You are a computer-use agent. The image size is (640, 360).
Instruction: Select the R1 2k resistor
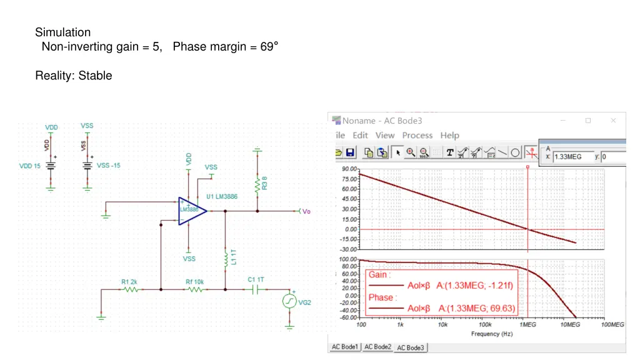click(131, 289)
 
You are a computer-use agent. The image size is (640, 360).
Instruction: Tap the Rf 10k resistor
click(195, 289)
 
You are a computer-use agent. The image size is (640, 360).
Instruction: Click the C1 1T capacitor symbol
click(256, 289)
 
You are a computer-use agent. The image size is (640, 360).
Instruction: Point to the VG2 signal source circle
click(289, 301)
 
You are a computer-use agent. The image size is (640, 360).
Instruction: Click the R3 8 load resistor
click(256, 184)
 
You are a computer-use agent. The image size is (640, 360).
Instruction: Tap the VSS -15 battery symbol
click(87, 166)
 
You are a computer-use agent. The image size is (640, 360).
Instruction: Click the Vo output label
click(306, 211)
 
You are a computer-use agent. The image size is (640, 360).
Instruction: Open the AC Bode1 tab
click(345, 347)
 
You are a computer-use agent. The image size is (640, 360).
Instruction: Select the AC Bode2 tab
click(377, 347)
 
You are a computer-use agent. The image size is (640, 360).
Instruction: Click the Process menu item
click(417, 135)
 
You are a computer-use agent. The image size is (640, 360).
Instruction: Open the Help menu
click(449, 135)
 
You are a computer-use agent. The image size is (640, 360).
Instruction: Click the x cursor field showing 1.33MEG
click(571, 157)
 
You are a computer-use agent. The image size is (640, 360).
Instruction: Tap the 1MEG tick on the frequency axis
click(528, 325)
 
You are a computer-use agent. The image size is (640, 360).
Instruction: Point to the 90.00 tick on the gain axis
click(349, 169)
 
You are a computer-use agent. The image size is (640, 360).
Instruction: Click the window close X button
click(613, 120)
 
